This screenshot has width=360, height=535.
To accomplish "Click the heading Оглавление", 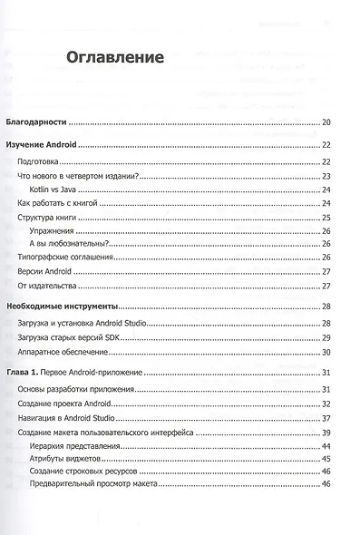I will point(114,57).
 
